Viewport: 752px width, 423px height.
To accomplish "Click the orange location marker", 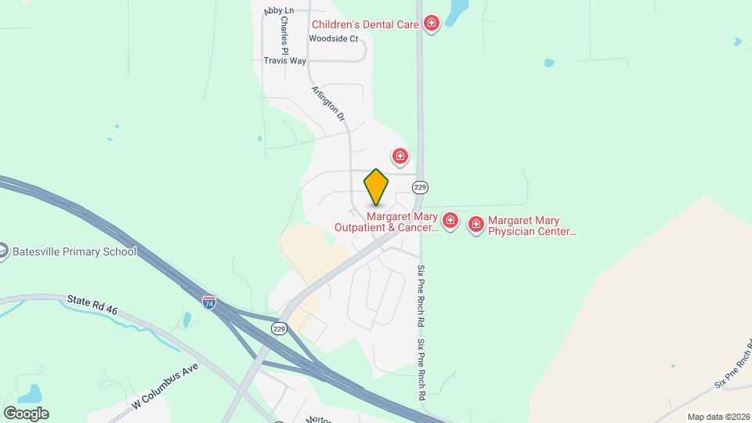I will (x=376, y=187).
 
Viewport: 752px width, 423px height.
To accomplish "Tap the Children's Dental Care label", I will (x=365, y=25).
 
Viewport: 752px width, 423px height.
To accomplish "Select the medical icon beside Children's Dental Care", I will (x=431, y=24).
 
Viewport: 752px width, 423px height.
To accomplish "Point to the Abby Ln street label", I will (x=279, y=10).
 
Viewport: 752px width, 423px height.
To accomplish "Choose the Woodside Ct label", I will (x=333, y=38).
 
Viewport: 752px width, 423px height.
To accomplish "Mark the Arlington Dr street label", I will (x=328, y=103).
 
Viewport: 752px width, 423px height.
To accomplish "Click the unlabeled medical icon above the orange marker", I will (x=400, y=157).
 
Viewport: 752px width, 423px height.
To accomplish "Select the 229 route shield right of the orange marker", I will (x=420, y=187).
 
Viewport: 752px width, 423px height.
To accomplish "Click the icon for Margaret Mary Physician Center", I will (x=475, y=226).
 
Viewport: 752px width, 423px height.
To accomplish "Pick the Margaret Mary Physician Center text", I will (x=533, y=226).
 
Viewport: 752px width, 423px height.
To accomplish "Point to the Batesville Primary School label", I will (x=74, y=251).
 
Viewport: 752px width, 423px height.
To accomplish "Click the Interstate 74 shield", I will (x=209, y=302).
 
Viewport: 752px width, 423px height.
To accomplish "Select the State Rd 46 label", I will (x=92, y=305).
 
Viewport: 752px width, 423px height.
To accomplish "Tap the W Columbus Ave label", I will (x=166, y=385).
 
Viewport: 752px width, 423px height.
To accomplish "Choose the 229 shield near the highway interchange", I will (x=280, y=329).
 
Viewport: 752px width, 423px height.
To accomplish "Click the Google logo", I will (x=26, y=413).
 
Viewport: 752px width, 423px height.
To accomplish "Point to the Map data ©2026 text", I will (x=718, y=417).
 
